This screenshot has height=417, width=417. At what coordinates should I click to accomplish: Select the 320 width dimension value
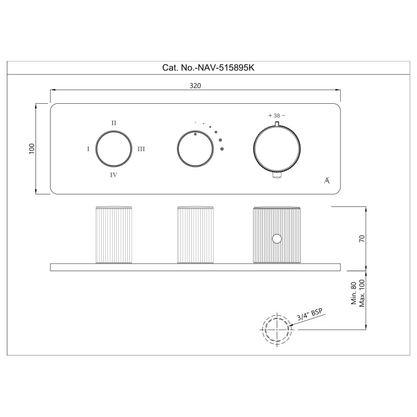(x=195, y=85)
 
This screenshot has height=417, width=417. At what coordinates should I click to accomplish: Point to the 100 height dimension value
(x=32, y=149)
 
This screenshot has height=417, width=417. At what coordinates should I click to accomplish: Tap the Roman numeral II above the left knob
(x=114, y=123)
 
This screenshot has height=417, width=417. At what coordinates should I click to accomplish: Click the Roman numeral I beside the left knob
(x=88, y=149)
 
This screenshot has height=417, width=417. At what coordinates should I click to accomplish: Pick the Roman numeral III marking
(x=141, y=149)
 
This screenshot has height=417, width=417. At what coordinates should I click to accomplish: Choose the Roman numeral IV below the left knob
(x=114, y=175)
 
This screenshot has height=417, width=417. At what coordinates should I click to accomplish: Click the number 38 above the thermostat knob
(x=277, y=116)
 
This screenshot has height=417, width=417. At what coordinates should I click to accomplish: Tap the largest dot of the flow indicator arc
(x=222, y=149)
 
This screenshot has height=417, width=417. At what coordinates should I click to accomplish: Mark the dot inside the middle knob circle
(x=195, y=134)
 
